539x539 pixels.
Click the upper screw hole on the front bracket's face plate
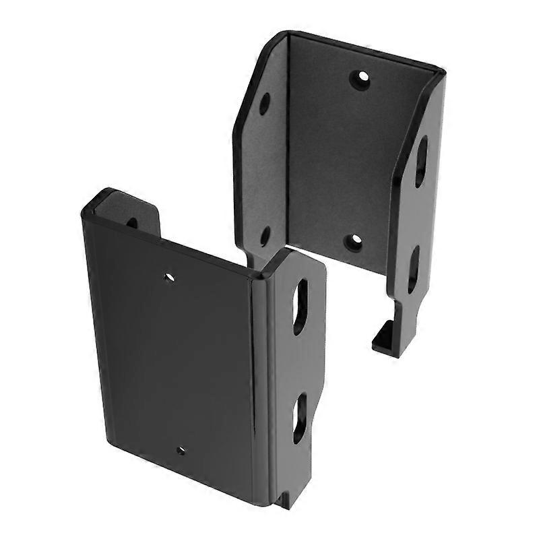[x=169, y=276]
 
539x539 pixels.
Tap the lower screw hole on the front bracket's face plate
[x=180, y=450]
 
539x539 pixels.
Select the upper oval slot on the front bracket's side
[x=301, y=306]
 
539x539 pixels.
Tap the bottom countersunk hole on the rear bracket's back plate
[x=353, y=242]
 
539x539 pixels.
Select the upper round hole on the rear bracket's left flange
[x=265, y=103]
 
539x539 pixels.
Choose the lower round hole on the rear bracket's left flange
[x=265, y=235]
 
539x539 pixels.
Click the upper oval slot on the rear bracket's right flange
[x=420, y=161]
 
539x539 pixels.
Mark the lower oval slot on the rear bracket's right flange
[x=414, y=269]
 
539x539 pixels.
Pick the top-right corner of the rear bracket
[x=441, y=71]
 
